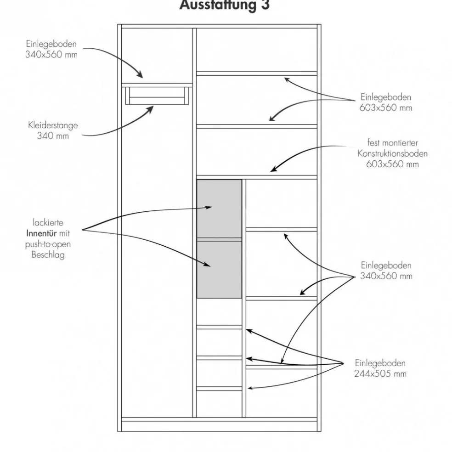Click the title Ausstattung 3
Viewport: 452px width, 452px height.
point(224,6)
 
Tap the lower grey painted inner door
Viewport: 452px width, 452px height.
point(219,269)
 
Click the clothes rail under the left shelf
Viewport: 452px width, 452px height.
point(157,96)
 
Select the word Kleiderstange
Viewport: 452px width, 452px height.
point(53,125)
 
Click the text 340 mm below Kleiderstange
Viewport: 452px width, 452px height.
point(53,136)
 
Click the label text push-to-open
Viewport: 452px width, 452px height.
point(48,244)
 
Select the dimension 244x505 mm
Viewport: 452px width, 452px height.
point(380,373)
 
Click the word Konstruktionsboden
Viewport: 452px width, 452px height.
point(392,153)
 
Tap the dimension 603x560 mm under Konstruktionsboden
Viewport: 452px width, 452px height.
point(392,164)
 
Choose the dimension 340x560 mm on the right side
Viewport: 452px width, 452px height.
point(386,276)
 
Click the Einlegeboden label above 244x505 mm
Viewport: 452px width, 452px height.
point(380,362)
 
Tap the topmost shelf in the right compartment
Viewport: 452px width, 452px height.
point(256,73)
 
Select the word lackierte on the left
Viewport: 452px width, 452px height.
point(48,223)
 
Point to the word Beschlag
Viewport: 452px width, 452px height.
point(48,255)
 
